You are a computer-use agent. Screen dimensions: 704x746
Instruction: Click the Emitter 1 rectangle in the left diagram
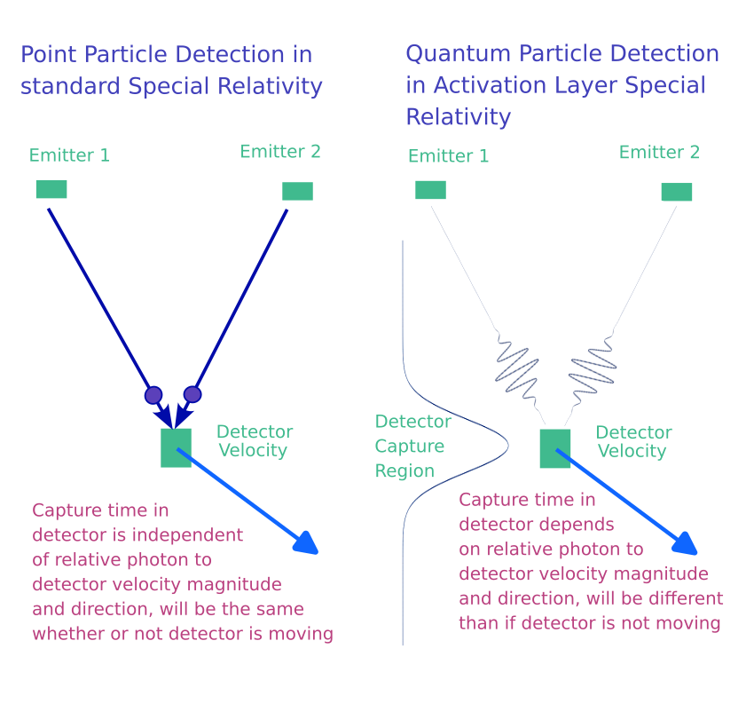[51, 189]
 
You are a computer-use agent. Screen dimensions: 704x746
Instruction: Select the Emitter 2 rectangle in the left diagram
[297, 191]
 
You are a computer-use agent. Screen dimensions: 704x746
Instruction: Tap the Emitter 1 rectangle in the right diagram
[430, 190]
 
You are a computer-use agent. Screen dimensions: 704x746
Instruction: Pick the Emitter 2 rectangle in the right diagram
[676, 192]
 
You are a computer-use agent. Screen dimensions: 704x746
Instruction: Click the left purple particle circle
[153, 394]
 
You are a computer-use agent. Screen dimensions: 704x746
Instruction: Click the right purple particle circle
[192, 394]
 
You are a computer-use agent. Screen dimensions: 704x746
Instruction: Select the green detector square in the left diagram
[176, 447]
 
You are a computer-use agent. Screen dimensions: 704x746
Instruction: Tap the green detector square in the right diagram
[555, 448]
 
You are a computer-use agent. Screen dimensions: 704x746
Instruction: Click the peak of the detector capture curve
[506, 445]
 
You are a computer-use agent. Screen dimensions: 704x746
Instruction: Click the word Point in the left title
[47, 54]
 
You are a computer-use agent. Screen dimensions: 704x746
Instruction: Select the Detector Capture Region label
[412, 446]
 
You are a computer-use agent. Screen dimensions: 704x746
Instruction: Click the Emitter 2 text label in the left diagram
[280, 152]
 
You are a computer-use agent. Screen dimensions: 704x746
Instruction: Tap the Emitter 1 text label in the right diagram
[448, 156]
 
